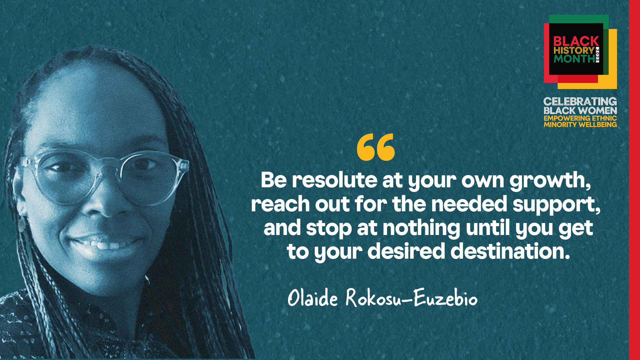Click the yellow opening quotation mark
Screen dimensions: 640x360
(376, 147)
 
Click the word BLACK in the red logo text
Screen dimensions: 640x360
(576, 41)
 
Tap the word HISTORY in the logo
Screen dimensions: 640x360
(574, 51)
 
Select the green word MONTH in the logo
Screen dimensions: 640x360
(574, 59)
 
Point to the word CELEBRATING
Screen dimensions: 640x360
(580, 101)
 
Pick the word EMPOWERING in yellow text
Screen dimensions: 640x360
(562, 118)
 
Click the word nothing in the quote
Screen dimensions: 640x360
(421, 228)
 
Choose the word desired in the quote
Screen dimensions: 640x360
(406, 251)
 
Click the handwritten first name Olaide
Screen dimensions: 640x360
(313, 298)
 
